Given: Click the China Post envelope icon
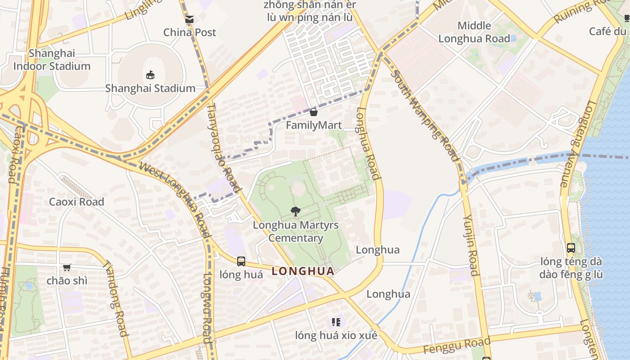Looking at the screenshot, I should (189, 19).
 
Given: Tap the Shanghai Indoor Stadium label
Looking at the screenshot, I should (52, 60).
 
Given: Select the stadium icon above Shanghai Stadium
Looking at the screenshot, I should (150, 75).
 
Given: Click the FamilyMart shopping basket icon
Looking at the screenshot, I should (314, 112).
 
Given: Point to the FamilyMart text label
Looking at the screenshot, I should (314, 125).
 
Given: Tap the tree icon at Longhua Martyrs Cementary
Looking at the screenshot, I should (296, 211).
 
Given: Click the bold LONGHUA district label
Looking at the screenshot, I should (303, 271).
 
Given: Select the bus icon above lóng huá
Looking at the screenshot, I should (241, 261).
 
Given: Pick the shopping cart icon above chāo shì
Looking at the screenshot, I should (67, 267).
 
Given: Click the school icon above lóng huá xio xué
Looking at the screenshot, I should (336, 322).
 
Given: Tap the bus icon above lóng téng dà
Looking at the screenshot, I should (571, 247).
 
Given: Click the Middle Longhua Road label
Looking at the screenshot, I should (474, 32).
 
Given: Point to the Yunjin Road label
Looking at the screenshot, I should (470, 245).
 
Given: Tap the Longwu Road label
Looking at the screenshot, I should (207, 308).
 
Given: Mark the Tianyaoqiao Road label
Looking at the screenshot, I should (224, 146).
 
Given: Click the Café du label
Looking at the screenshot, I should (607, 31).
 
